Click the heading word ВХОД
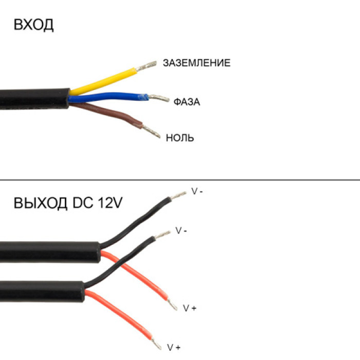pos(34,25)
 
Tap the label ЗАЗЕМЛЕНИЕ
pos(196,63)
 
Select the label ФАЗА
pos(187,102)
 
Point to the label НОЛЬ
pos(180,138)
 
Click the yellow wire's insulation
pos(103,81)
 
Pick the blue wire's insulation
pos(108,97)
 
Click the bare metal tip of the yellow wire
pos(146,66)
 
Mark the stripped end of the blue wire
pos(158,98)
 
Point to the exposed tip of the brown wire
pos(151,131)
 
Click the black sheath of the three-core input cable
pos(34,99)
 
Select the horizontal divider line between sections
pos(180,180)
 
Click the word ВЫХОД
pos(41,203)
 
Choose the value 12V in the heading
pos(110,203)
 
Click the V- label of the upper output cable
pos(197,191)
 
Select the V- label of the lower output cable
pos(181,230)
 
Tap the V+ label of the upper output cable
pos(190,308)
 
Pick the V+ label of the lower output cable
pos(174,347)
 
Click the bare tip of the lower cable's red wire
pos(156,344)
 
